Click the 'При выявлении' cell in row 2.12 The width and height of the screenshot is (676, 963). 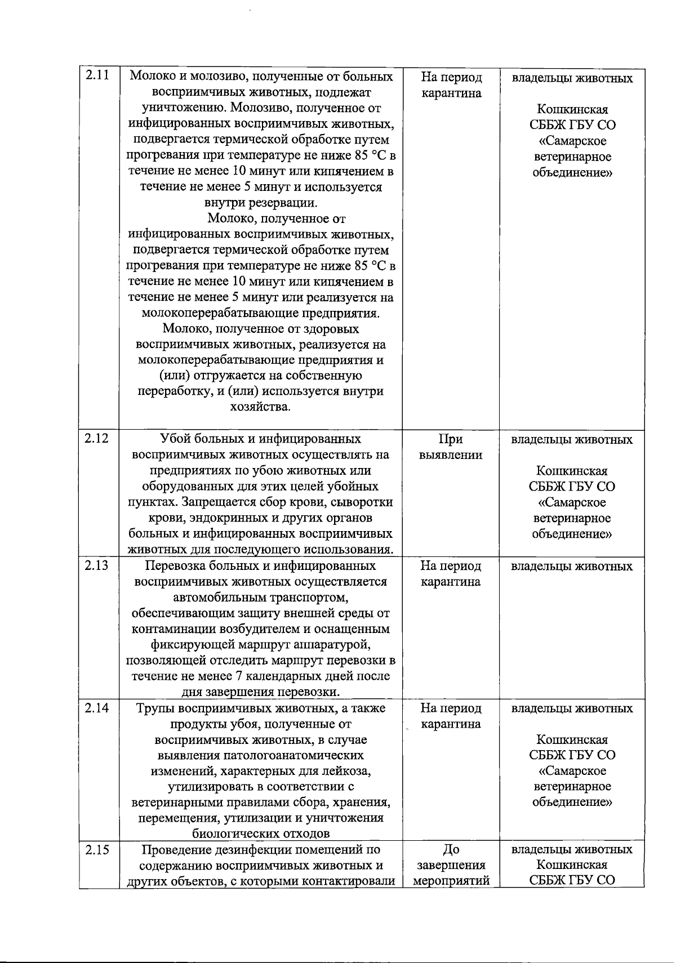pos(451,447)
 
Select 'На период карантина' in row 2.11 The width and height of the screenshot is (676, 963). pos(451,86)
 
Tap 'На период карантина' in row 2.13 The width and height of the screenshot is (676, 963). pos(451,574)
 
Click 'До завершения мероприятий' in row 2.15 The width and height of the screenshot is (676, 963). pos(451,865)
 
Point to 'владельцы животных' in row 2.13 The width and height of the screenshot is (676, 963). pos(572,566)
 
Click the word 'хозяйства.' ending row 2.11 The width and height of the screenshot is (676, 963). pos(260,407)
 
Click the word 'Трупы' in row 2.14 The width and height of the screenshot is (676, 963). pos(153,708)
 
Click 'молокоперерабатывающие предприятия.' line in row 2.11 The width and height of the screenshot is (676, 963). pos(260,313)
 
